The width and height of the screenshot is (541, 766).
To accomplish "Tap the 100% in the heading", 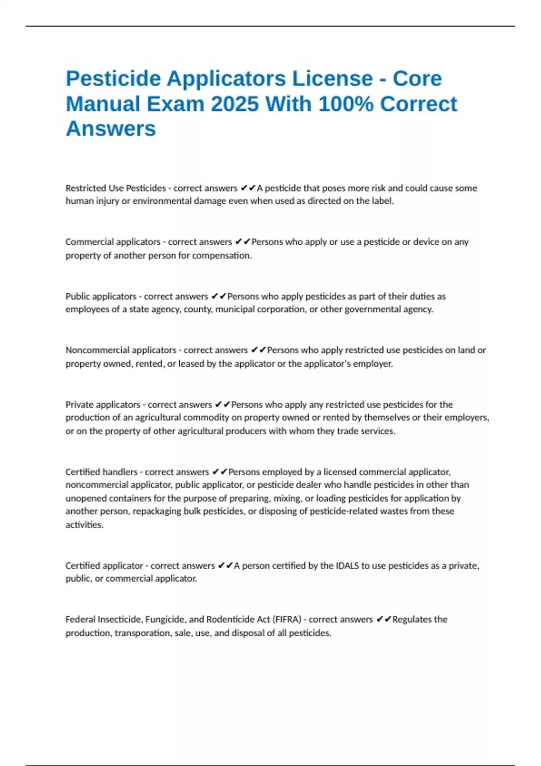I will coord(346,104).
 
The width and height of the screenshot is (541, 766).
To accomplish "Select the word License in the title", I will coord(332,79).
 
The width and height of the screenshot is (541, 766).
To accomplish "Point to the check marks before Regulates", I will coord(384,620).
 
